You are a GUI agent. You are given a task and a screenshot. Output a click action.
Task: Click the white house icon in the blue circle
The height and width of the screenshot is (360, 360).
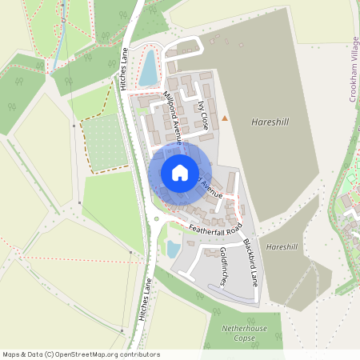tap(180, 172)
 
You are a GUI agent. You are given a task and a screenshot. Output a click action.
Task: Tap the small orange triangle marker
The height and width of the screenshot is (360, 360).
tap(225, 119)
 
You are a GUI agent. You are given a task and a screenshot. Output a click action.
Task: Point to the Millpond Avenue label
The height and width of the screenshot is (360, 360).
tap(174, 117)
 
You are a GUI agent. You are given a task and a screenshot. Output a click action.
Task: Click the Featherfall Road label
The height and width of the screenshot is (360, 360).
tap(215, 230)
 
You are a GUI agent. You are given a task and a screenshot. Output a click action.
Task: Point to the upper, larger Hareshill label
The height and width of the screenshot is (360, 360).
tap(270, 122)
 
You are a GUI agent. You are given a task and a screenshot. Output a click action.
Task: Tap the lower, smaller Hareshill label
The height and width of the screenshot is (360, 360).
tap(283, 247)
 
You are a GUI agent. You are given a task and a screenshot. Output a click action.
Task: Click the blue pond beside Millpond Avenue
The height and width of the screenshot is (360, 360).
tap(149, 68)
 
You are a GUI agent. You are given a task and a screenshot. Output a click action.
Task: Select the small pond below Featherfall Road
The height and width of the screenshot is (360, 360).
tap(173, 249)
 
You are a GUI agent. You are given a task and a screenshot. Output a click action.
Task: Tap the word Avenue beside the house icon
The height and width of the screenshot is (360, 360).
tap(211, 189)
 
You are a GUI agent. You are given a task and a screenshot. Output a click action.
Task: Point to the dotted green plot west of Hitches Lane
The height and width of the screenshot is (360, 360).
tap(106, 142)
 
